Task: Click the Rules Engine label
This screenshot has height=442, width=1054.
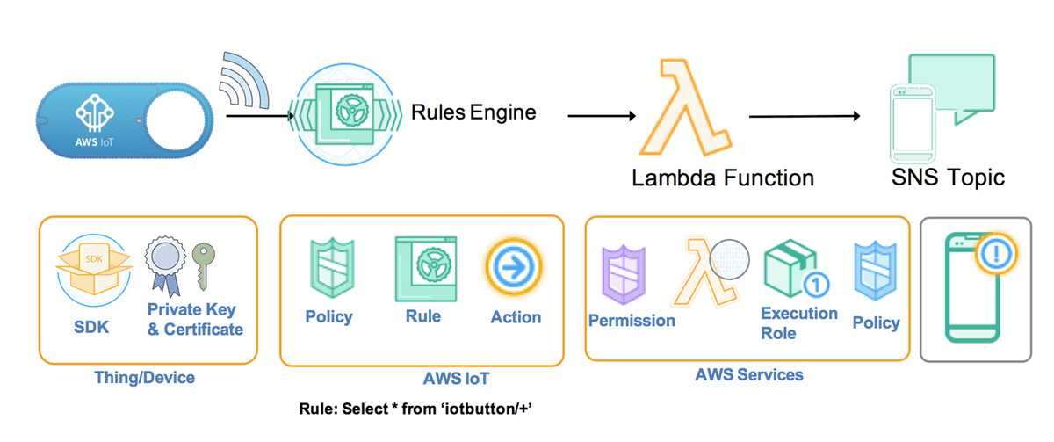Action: pos(473,112)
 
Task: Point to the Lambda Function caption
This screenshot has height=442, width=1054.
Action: pos(722,178)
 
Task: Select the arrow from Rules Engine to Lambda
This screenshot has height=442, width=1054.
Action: pos(601,115)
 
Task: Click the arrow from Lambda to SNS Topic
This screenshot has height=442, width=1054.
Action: pos(804,115)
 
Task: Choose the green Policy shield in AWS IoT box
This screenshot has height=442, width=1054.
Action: pos(328,267)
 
